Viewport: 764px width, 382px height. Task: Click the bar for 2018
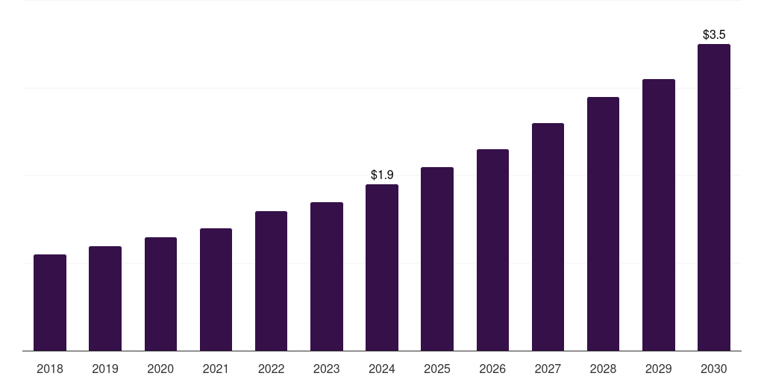pyautogui.click(x=50, y=303)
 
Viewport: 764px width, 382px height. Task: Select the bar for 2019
pyautogui.click(x=105, y=298)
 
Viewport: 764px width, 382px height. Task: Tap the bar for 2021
pyautogui.click(x=216, y=289)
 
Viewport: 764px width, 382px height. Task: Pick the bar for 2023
pyautogui.click(x=327, y=277)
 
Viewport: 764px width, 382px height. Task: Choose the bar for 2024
pyautogui.click(x=382, y=268)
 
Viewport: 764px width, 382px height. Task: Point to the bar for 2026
pyautogui.click(x=492, y=250)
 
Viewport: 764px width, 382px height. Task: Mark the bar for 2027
pyautogui.click(x=548, y=237)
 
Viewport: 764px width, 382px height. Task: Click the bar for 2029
pyautogui.click(x=659, y=215)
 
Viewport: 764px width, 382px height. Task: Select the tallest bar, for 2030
pyautogui.click(x=714, y=198)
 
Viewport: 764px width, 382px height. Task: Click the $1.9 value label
pyautogui.click(x=382, y=175)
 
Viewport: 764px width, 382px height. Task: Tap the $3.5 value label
pyautogui.click(x=714, y=34)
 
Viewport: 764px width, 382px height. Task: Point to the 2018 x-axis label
pyautogui.click(x=50, y=369)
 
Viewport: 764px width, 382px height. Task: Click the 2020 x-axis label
pyautogui.click(x=160, y=369)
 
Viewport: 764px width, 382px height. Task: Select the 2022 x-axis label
pyautogui.click(x=271, y=369)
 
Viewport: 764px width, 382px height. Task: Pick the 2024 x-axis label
pyautogui.click(x=382, y=369)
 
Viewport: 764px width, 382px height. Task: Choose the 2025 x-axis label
pyautogui.click(x=437, y=369)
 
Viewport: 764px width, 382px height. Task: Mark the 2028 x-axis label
pyautogui.click(x=603, y=369)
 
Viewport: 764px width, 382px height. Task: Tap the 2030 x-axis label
pyautogui.click(x=714, y=369)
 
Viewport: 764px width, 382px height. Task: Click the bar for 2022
pyautogui.click(x=271, y=281)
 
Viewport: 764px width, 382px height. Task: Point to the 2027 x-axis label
pyautogui.click(x=548, y=369)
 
